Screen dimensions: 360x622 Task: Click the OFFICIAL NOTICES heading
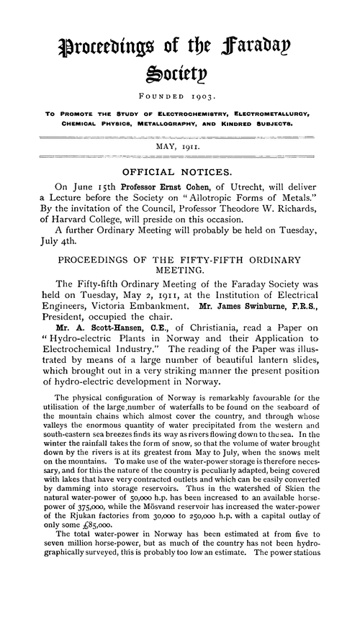(x=179, y=193)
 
